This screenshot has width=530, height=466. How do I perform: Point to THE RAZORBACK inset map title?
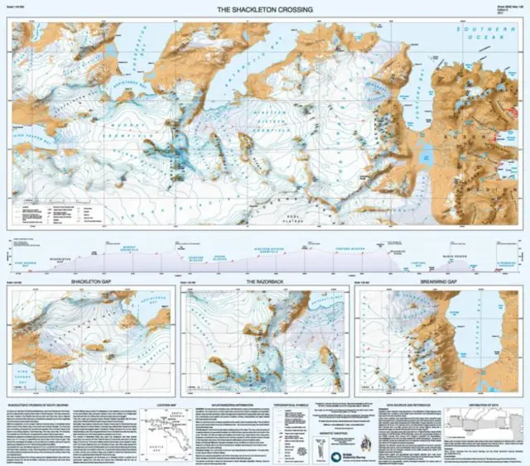pyautogui.click(x=265, y=283)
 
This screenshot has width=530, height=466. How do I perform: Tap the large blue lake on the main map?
pyautogui.click(x=426, y=154)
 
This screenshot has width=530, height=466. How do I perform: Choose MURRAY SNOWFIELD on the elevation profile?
pyautogui.click(x=128, y=248)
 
